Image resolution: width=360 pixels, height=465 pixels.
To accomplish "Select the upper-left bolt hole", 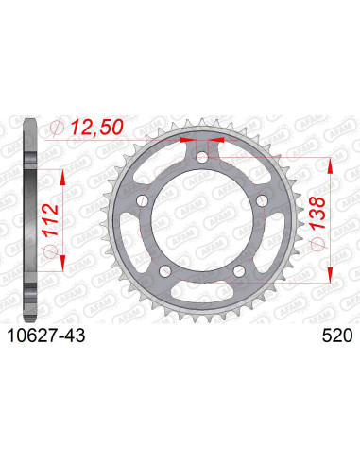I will pyautogui.click(x=142, y=200).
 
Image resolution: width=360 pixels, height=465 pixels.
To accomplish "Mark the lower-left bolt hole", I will pyautogui.click(x=165, y=271).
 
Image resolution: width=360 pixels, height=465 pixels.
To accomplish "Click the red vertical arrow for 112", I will pyautogui.click(x=63, y=213).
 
